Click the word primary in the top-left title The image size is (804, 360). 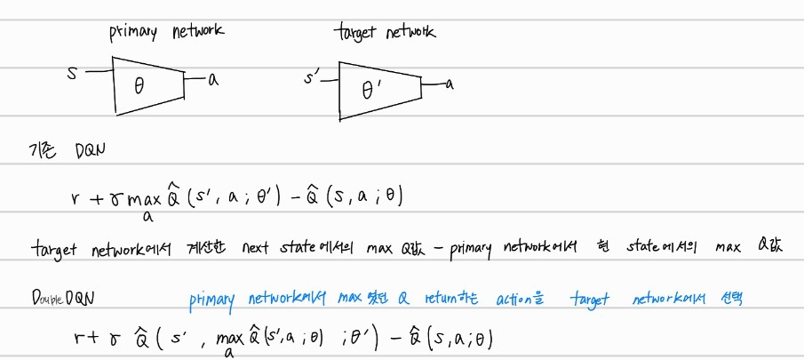[132, 33]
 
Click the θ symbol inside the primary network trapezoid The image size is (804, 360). [138, 84]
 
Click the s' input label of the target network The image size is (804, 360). [311, 80]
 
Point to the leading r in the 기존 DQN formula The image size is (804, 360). [77, 196]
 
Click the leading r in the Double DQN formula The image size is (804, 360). [78, 338]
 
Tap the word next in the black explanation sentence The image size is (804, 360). [259, 248]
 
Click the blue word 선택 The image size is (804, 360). [727, 299]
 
